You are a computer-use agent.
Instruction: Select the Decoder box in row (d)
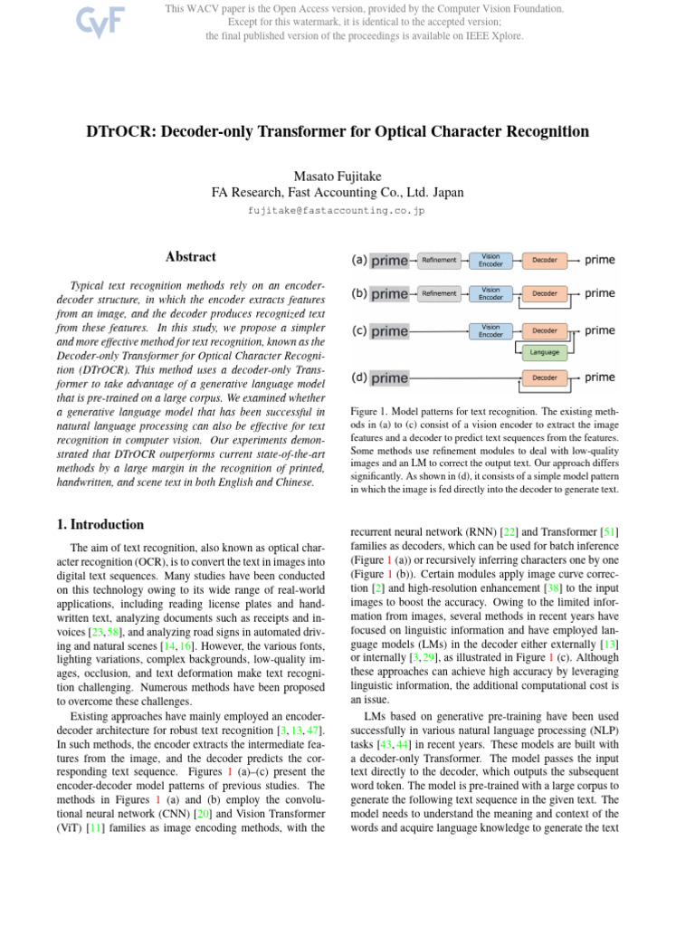pyautogui.click(x=545, y=377)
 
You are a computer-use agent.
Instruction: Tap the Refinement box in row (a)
pyautogui.click(x=439, y=261)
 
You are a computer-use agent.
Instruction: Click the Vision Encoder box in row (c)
pyautogui.click(x=490, y=330)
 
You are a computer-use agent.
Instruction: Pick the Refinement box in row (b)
pyautogui.click(x=439, y=293)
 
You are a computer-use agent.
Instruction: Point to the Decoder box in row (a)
pyautogui.click(x=545, y=261)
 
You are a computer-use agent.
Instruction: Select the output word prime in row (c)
pyautogui.click(x=600, y=330)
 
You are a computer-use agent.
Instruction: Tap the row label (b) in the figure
pyautogui.click(x=359, y=293)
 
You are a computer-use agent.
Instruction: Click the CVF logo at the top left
pyautogui.click(x=76, y=22)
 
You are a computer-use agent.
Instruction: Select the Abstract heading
pyautogui.click(x=190, y=258)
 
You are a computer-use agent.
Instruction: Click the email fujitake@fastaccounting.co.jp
pyautogui.click(x=336, y=211)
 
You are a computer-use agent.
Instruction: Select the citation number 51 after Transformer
pyautogui.click(x=609, y=530)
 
